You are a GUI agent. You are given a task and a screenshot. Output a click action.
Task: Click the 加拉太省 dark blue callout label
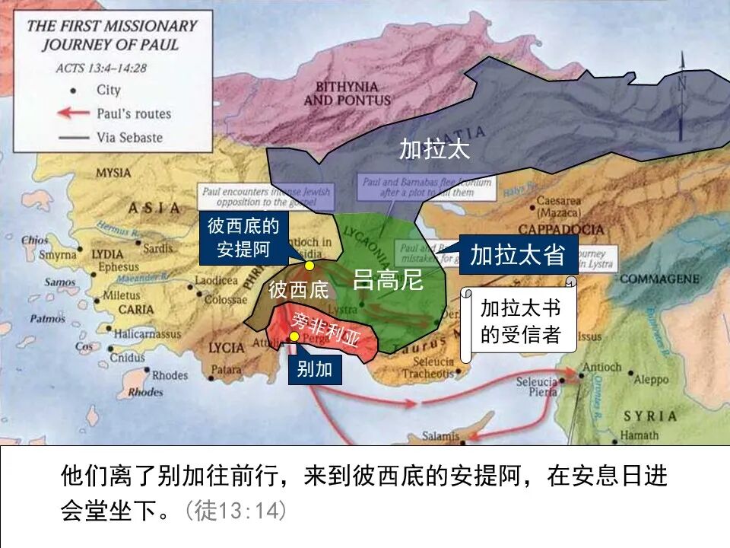coord(518,255)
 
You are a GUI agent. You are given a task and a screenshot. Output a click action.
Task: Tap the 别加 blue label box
coord(315,370)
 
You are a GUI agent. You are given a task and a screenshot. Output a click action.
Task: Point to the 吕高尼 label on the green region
coord(387,280)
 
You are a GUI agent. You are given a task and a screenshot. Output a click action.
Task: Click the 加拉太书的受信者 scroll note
coord(520,321)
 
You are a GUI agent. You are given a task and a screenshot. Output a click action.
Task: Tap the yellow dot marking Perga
coord(294,336)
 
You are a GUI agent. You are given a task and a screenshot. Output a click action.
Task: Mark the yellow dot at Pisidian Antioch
coord(309,266)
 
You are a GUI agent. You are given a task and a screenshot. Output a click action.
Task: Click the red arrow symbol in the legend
coord(74,113)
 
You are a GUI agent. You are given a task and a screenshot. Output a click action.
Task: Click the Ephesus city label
coord(118,267)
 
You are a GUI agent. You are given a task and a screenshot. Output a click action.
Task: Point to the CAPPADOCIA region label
coord(561,229)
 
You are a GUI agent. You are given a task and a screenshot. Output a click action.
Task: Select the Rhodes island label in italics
coord(145,393)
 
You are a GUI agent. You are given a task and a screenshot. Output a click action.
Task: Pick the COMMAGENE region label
coord(659,279)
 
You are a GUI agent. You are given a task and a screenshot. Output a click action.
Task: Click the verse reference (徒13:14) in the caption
coord(236,510)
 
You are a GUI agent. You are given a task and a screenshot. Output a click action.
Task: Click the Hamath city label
coord(640,435)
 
